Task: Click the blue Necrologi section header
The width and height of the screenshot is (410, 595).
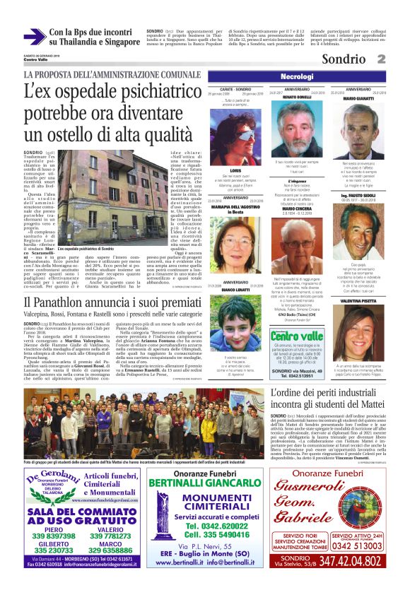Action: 306,76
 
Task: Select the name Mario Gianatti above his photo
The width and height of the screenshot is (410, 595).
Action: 358,99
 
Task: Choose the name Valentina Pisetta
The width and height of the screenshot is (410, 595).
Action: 358,300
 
